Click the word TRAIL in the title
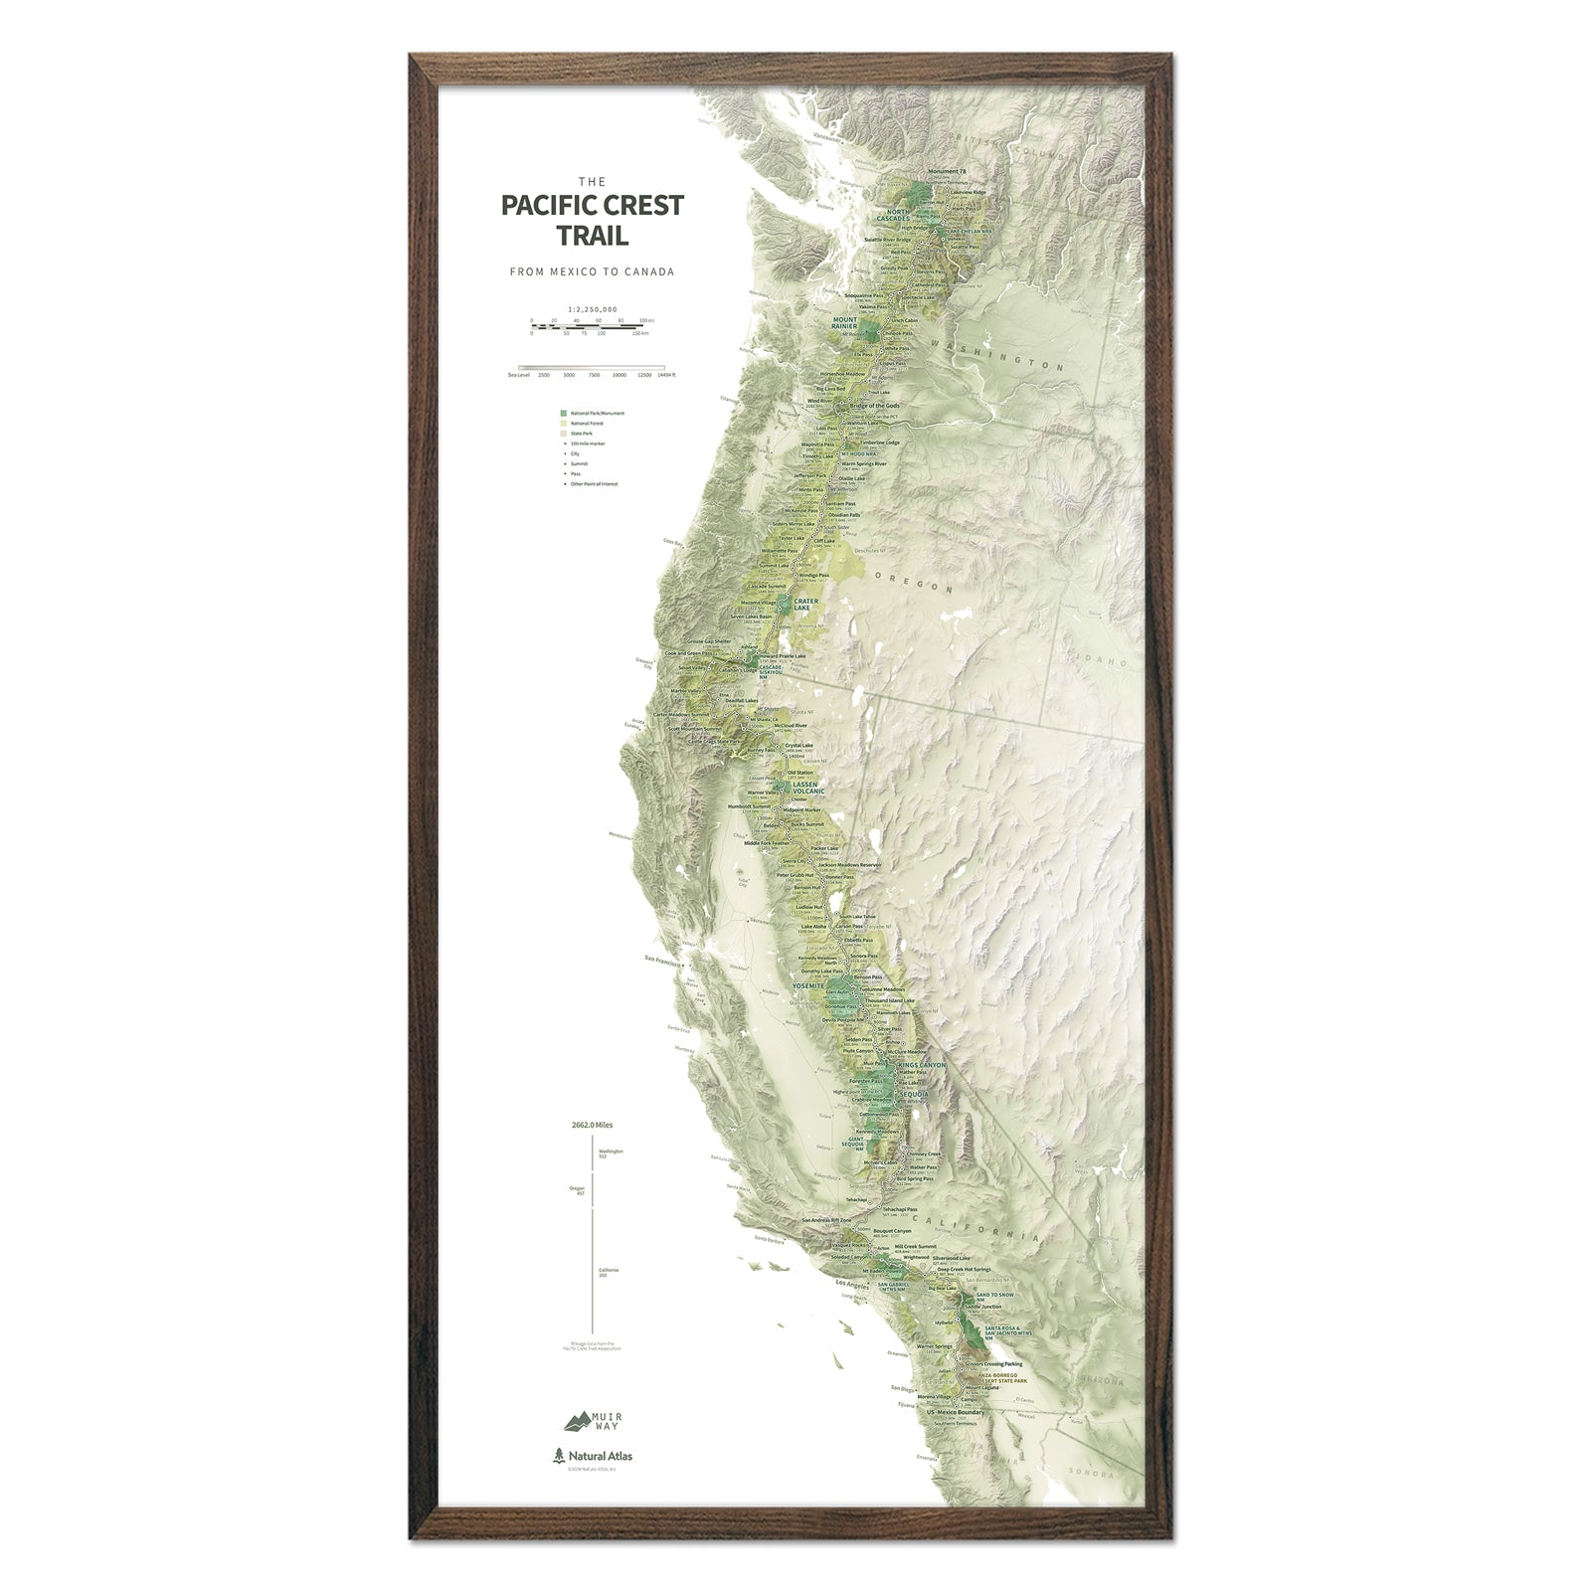tap(592, 237)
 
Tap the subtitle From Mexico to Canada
tap(592, 271)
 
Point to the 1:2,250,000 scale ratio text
tap(592, 309)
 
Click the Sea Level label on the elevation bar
tap(518, 376)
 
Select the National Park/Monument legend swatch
tap(564, 413)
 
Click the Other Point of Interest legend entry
tap(594, 484)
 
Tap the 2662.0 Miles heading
tap(592, 1126)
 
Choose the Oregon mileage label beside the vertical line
tap(578, 1190)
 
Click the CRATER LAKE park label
tap(805, 604)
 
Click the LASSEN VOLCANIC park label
tap(804, 789)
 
